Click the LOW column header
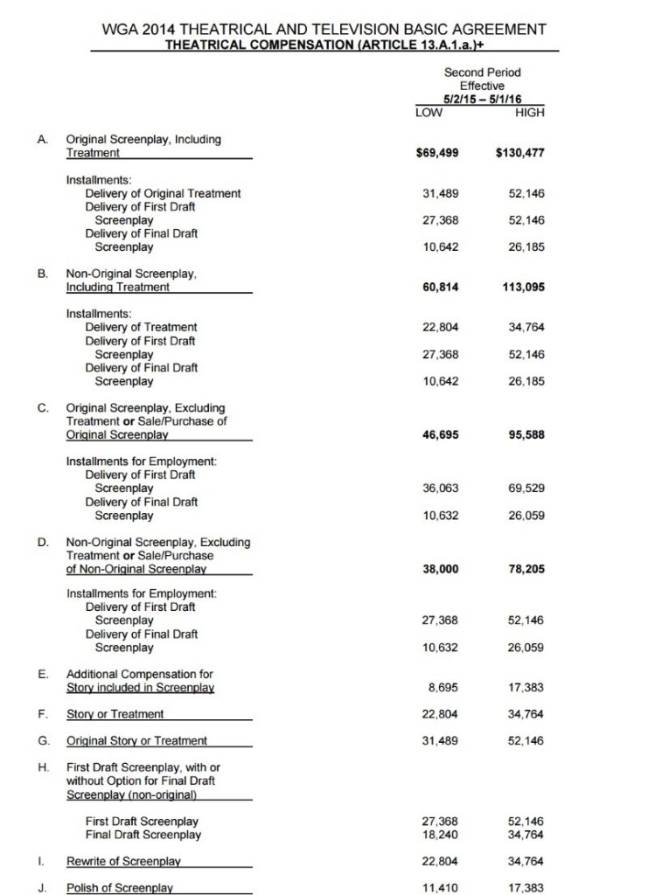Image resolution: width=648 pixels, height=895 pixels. pyautogui.click(x=429, y=112)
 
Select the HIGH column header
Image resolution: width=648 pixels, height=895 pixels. pyautogui.click(x=531, y=112)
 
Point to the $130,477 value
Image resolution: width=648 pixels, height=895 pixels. pyautogui.click(x=519, y=153)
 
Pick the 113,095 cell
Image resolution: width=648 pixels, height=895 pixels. pyautogui.click(x=522, y=287)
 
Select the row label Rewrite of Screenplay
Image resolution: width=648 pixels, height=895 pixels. pyautogui.click(x=123, y=861)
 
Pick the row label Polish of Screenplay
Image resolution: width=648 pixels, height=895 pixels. pyautogui.click(x=119, y=888)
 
